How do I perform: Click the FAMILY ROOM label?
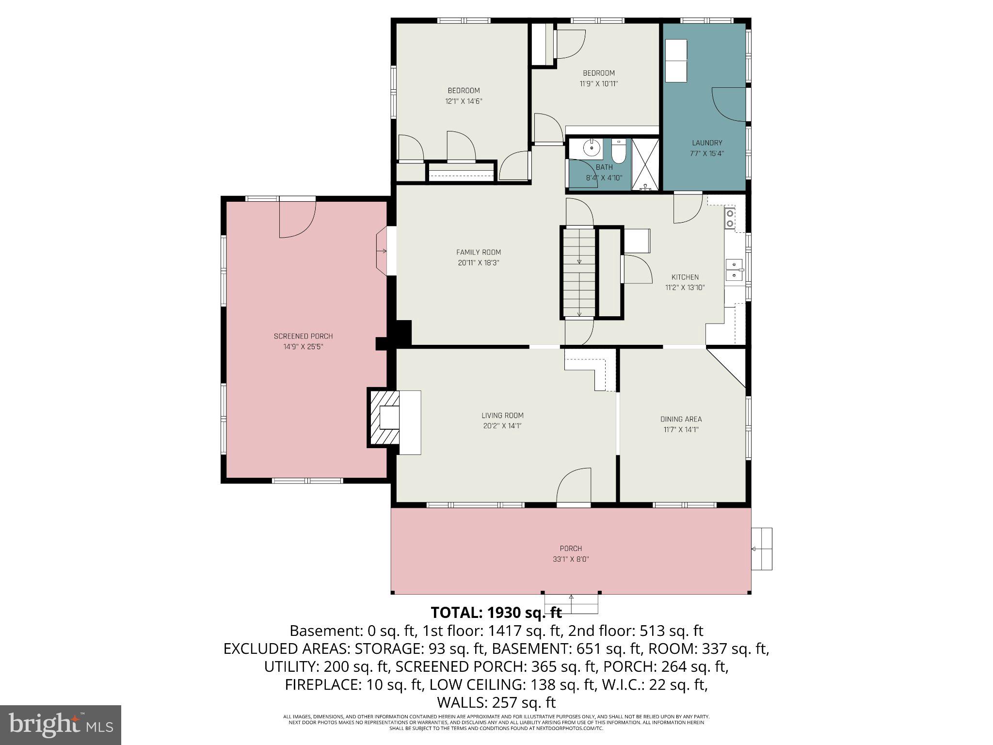(478, 252)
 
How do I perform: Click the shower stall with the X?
(645, 164)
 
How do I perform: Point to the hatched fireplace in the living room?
(384, 418)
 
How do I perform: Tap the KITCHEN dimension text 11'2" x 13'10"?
(685, 288)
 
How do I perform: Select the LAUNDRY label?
(707, 143)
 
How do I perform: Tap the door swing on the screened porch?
(297, 219)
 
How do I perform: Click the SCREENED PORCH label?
(303, 336)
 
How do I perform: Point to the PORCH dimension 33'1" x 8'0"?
(571, 559)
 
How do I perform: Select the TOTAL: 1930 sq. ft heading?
(496, 613)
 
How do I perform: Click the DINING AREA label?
(681, 419)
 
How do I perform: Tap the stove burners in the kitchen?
(729, 218)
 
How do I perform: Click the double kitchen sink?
(734, 270)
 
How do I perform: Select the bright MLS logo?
(61, 725)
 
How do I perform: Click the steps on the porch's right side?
(761, 549)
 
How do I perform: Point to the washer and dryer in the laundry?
(675, 61)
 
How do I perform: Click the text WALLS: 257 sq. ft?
(496, 702)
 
